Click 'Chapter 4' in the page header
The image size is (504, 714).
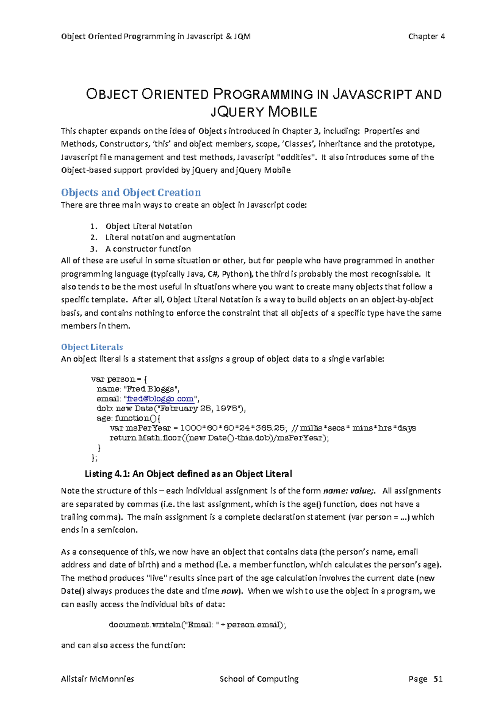(x=426, y=37)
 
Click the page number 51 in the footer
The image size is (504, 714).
(x=438, y=679)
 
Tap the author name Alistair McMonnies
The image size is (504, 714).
(x=97, y=679)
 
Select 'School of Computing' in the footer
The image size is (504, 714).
(x=259, y=679)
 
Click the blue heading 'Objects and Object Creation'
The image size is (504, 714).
(x=131, y=193)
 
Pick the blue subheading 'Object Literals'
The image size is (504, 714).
(x=92, y=347)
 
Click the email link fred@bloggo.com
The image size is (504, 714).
(x=160, y=399)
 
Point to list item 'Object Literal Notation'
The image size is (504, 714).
(x=149, y=226)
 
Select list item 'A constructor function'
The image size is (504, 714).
(x=148, y=249)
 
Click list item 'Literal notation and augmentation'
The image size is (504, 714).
(x=170, y=238)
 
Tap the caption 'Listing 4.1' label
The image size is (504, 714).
(x=108, y=474)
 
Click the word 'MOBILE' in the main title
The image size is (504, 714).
(x=292, y=112)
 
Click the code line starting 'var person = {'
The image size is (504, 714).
(x=119, y=379)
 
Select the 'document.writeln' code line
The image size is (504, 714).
(x=197, y=625)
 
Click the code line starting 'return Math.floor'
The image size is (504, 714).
(x=219, y=438)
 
